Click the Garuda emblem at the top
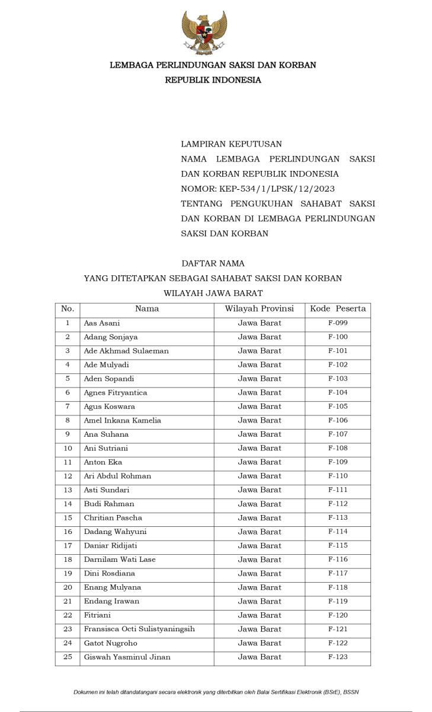(204, 33)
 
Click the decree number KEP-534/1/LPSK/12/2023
(258, 189)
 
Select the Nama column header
(147, 309)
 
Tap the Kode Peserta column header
(338, 309)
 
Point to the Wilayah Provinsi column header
(260, 309)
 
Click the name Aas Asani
(102, 323)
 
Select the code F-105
(338, 406)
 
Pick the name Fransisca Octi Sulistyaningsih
(139, 629)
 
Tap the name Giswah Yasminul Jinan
(127, 657)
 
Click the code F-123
(338, 657)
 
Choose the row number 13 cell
(68, 490)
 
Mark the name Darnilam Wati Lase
(120, 560)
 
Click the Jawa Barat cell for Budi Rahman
(260, 504)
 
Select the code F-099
(338, 323)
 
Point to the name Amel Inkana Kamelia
(123, 420)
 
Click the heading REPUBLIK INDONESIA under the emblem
(213, 80)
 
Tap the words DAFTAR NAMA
(213, 263)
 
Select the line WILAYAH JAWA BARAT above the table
(213, 293)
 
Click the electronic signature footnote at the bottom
(216, 692)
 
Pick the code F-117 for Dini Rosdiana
(338, 573)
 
